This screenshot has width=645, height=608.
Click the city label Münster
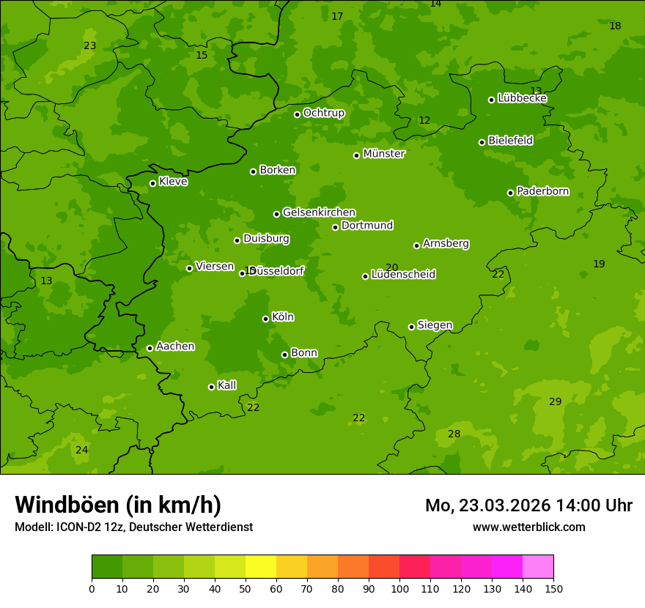coord(383,154)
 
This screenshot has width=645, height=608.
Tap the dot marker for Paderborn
coord(511,193)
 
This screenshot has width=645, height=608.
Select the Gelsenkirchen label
coord(319,212)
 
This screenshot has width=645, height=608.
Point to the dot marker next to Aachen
coord(150,348)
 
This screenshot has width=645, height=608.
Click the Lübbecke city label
coord(522,98)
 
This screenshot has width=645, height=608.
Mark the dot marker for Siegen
coord(412,327)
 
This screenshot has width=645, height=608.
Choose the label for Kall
coord(226,385)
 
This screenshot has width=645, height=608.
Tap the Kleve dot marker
coord(153,183)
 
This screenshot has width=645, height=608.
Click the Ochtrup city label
coord(323,113)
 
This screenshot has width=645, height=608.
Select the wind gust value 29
coord(555,401)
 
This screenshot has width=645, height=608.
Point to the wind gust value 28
coord(454,434)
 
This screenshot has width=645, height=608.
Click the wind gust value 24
coord(81,450)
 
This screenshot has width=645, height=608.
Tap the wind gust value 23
coord(90,45)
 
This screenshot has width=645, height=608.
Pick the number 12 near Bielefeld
coord(424,120)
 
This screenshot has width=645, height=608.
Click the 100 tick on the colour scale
coord(399,588)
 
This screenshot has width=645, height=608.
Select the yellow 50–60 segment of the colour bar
coord(261,567)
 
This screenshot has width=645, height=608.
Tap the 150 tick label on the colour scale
coord(553,588)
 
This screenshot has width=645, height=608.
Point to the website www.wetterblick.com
coord(528,527)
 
